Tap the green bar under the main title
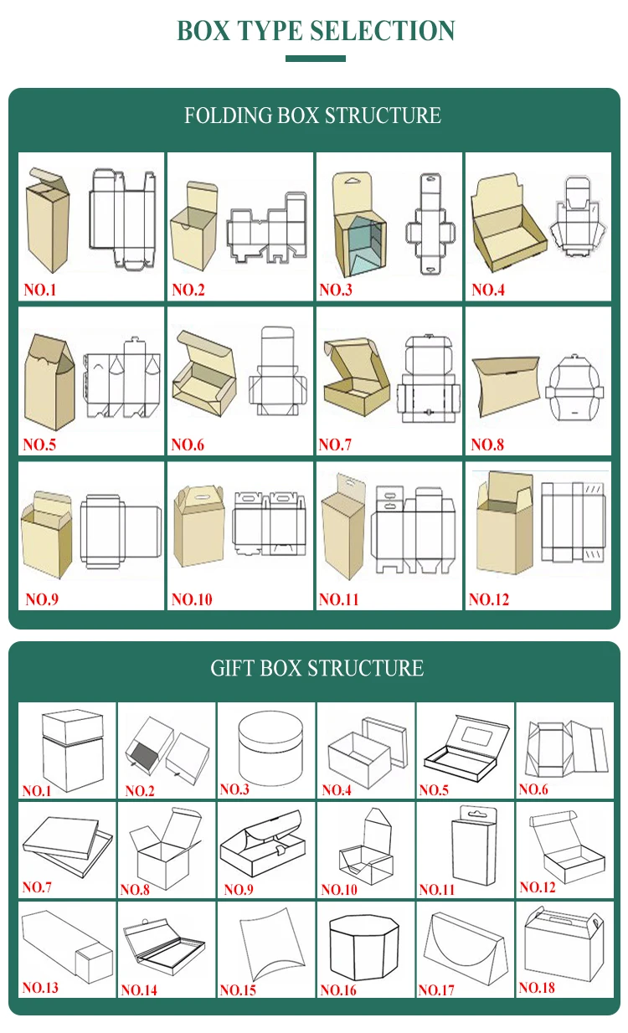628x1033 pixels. coord(315,59)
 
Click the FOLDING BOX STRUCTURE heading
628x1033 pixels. coord(312,116)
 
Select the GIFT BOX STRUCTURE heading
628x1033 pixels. coord(317,668)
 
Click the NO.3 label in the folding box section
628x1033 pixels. coord(335,290)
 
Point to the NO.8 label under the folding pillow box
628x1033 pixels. coord(487,445)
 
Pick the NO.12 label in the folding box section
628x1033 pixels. coord(489,599)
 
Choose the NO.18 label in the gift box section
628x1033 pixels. coord(537,988)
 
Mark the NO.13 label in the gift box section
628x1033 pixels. coord(40,988)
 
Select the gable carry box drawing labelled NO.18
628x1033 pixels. coord(563,943)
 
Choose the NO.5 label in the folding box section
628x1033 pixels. coord(39,445)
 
